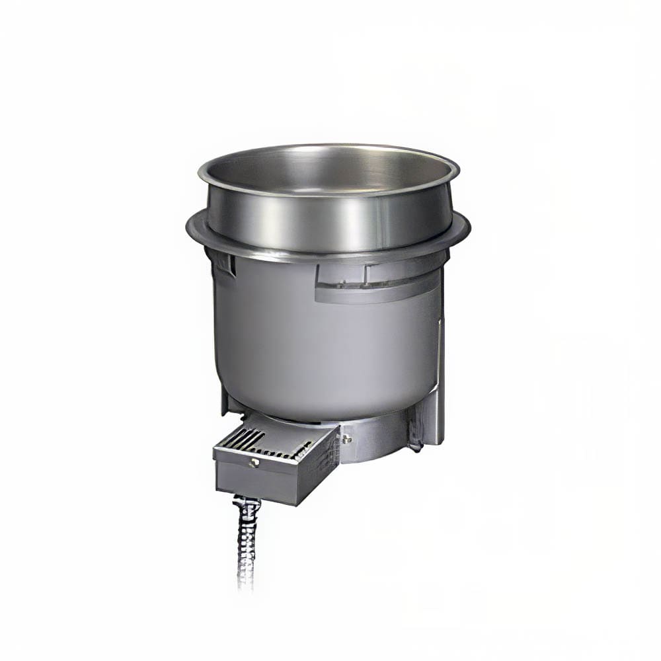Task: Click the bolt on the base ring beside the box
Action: point(346,438)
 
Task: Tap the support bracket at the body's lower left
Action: point(229,403)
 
